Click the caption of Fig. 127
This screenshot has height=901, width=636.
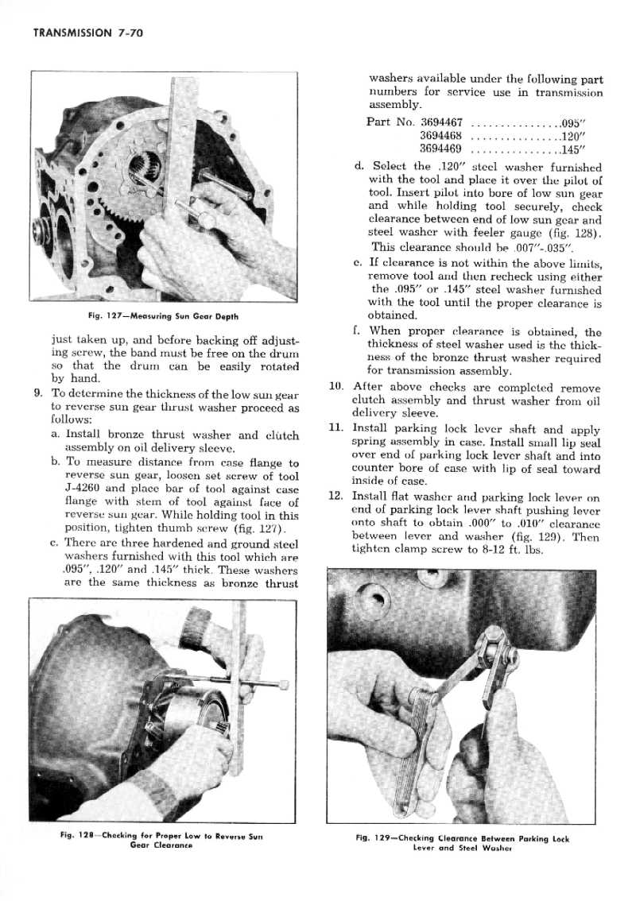point(165,320)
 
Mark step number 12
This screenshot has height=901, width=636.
point(335,497)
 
